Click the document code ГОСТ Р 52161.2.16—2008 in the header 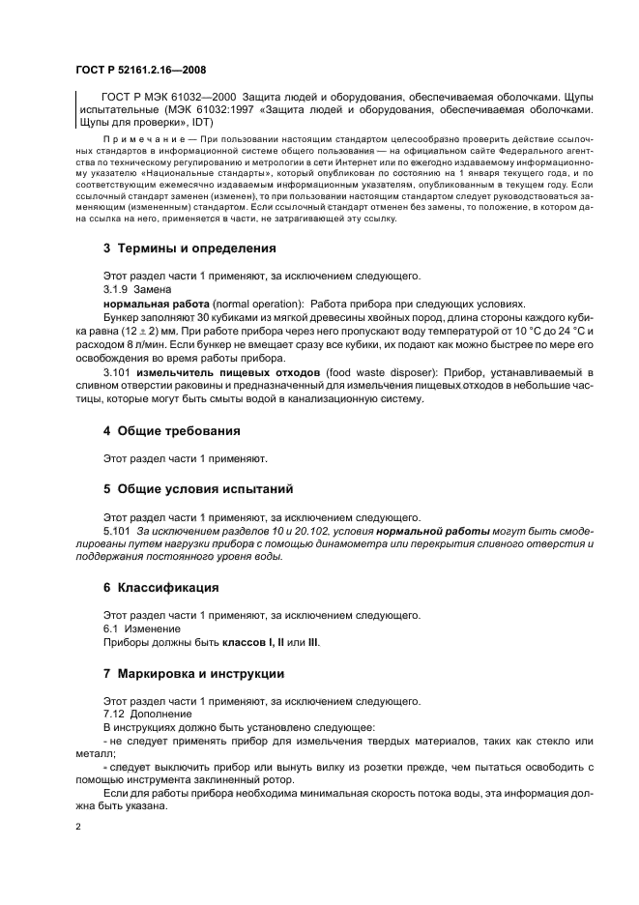click(140, 71)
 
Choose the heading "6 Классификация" click(160, 587)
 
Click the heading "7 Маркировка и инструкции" click(192, 673)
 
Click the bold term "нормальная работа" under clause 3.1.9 click(148, 303)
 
